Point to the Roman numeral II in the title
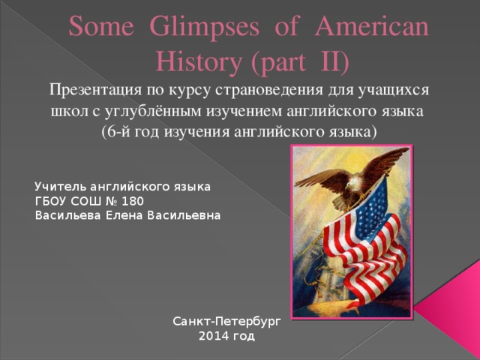[326, 60]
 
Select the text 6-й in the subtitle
[119, 131]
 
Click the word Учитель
[59, 185]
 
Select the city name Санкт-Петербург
[226, 322]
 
